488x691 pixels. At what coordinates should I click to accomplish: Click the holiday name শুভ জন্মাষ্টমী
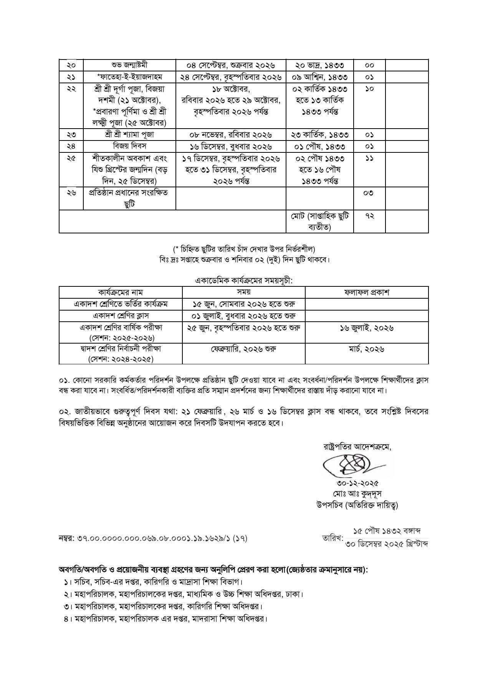[x=129, y=65]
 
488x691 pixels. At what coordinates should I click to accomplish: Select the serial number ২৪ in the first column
[x=71, y=146]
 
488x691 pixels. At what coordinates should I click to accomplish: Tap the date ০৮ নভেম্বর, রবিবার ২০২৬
[x=231, y=135]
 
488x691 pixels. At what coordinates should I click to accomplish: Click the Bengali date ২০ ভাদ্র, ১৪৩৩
[x=320, y=65]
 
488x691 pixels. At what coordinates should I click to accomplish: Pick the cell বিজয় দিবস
[x=129, y=146]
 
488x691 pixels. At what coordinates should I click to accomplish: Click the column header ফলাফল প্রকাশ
[x=367, y=292]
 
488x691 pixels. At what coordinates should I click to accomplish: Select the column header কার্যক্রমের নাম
[x=120, y=292]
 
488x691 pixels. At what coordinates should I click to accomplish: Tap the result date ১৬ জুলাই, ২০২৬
[x=367, y=328]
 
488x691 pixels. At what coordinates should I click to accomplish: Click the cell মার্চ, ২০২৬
[x=367, y=349]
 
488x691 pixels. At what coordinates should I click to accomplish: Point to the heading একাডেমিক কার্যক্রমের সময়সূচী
[x=244, y=281]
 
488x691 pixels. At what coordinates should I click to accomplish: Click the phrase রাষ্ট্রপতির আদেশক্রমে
[x=357, y=447]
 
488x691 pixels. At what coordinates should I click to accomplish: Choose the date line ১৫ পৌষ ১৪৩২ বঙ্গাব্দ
[x=387, y=531]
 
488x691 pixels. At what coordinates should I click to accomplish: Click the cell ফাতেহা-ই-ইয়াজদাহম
[x=129, y=77]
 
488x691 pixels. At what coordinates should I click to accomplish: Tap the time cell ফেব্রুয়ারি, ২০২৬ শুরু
[x=243, y=349]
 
